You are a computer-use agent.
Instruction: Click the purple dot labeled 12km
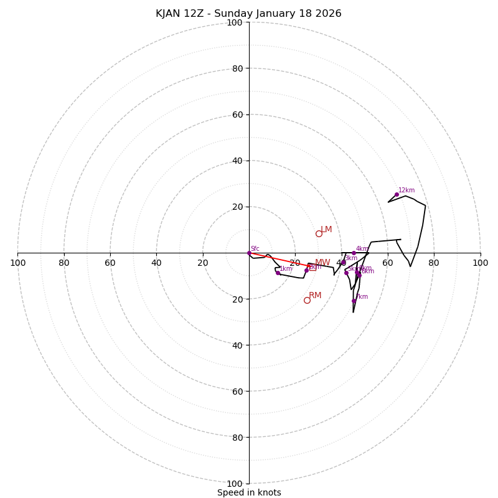[397, 194]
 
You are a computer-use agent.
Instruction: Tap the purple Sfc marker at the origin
[249, 253]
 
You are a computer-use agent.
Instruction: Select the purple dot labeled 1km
[278, 273]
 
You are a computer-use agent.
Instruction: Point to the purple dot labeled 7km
[354, 301]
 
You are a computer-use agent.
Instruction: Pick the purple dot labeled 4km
[354, 253]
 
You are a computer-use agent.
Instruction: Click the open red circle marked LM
[319, 233]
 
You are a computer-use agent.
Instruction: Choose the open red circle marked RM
[307, 300]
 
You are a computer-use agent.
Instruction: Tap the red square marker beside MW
[312, 267]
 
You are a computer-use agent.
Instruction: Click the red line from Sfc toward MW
[280, 260]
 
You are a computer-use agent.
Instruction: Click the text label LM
[326, 230]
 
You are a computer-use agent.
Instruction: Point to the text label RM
[315, 296]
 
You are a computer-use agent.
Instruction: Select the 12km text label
[406, 190]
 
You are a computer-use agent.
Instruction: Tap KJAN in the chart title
[169, 14]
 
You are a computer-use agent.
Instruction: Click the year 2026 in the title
[327, 14]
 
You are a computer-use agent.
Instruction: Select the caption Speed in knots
[249, 493]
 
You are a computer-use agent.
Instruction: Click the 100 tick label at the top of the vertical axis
[235, 23]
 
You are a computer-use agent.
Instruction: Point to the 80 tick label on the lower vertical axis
[237, 438]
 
